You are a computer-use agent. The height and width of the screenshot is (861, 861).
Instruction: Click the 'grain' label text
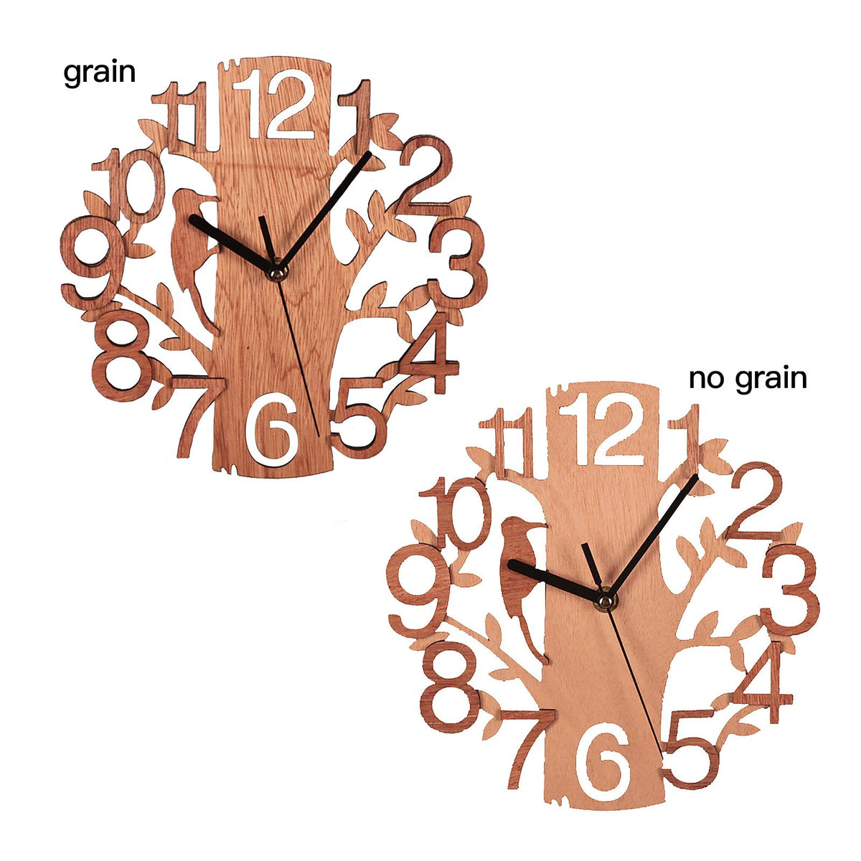click(x=99, y=74)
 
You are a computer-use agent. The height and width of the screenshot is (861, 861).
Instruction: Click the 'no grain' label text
click(x=748, y=380)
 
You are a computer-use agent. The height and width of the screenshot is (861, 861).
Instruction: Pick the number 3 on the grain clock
click(x=457, y=263)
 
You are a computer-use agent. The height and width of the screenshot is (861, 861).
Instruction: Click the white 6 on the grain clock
click(x=272, y=428)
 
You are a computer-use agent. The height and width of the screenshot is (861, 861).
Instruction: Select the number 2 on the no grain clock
click(x=755, y=501)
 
